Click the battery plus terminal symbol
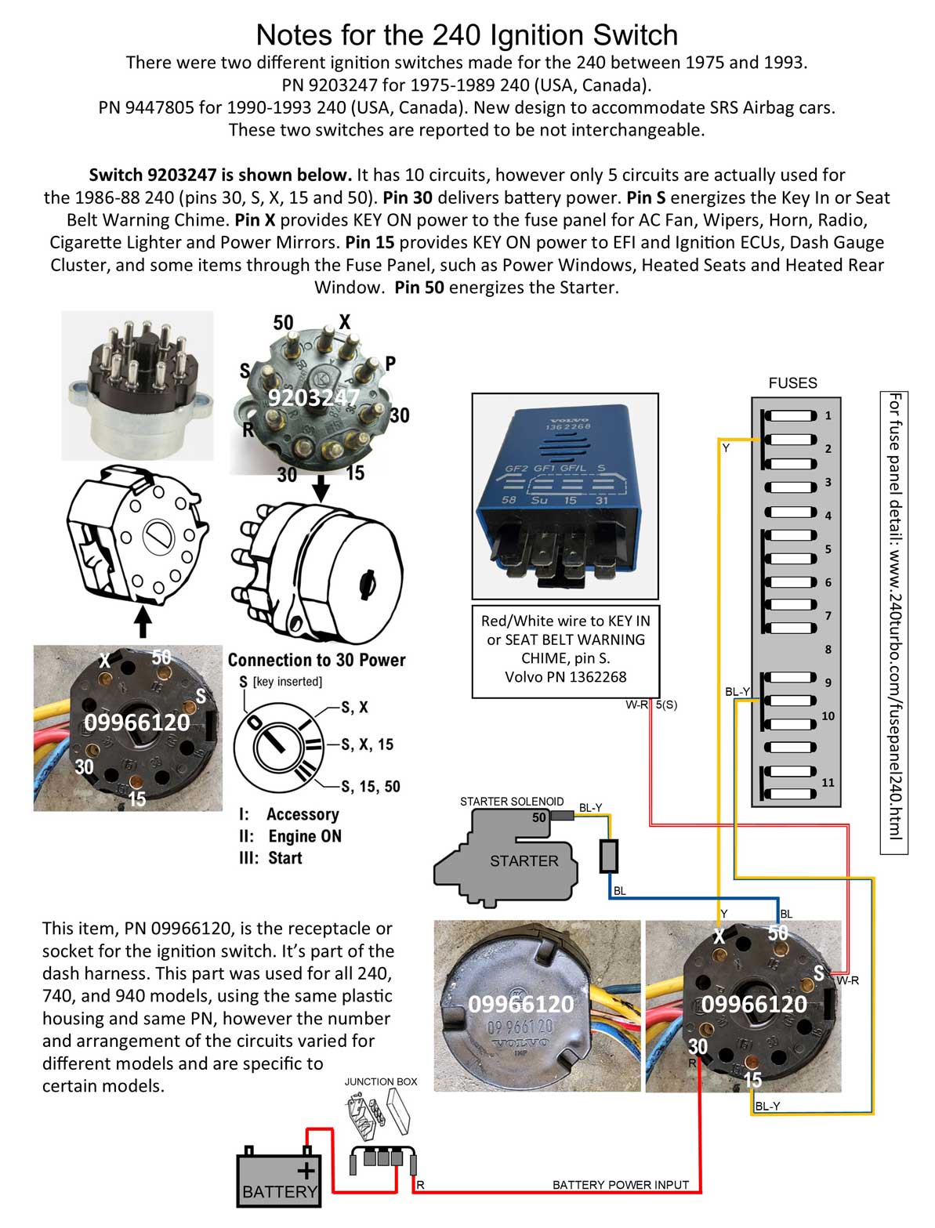pos(306,1171)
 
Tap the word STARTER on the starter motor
pos(524,860)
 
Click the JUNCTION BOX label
pos(381,1081)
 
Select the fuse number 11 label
pos(828,782)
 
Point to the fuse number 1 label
pos(828,415)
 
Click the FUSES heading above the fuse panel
pos(792,383)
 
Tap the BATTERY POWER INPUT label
pos(620,1184)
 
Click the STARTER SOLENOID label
pos(511,801)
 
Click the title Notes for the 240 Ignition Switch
pos(466,34)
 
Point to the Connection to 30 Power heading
pos(317,660)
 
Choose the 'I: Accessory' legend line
pos(289,814)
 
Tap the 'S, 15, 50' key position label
pos(371,786)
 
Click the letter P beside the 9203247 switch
pos(390,363)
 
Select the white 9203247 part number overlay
pos(313,398)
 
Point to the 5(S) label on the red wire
pos(666,705)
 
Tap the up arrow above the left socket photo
pos(142,623)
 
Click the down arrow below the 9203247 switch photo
pos(320,490)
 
